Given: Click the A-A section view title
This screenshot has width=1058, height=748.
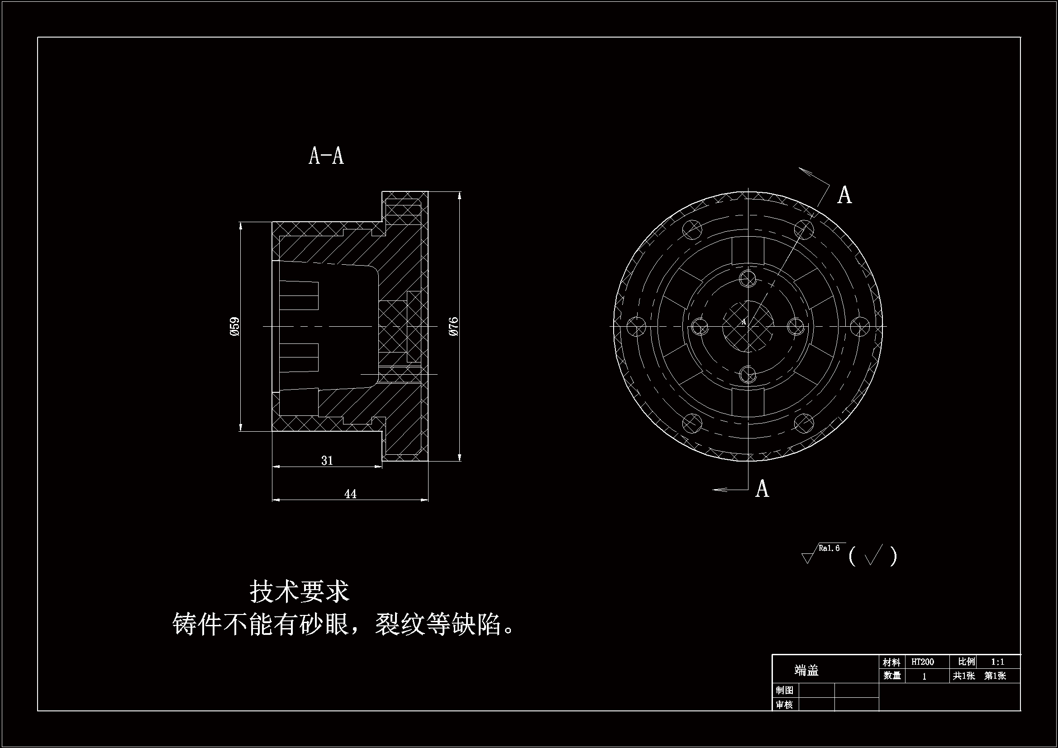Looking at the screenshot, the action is [326, 156].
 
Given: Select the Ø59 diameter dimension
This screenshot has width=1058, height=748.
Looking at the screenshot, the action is [234, 326].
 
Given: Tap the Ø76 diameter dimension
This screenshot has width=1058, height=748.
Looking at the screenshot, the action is [453, 326].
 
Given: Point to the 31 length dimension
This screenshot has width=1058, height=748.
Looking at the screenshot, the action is [327, 460].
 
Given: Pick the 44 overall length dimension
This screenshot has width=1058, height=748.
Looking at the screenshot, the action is [350, 494].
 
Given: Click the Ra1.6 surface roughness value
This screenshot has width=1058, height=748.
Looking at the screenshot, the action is [829, 548].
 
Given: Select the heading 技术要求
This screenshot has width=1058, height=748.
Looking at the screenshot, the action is [300, 591].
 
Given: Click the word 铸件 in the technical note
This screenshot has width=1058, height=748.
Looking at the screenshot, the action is [198, 625].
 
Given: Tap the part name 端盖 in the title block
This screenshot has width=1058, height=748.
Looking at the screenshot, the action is [806, 671].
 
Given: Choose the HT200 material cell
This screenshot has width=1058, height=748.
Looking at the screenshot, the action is [923, 662].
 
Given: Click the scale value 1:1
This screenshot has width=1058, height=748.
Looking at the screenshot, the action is [998, 662].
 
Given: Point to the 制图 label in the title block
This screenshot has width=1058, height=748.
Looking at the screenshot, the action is [784, 691].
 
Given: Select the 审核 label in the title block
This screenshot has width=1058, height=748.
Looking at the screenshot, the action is [784, 705].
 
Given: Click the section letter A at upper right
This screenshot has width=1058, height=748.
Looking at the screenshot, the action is [844, 195].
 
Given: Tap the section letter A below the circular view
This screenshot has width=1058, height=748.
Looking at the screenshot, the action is [762, 489].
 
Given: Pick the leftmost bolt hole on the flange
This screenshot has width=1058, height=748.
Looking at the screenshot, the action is [636, 326].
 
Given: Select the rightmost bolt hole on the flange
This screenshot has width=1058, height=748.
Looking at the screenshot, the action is [860, 326].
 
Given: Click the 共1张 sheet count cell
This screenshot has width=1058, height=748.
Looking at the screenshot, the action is [964, 676].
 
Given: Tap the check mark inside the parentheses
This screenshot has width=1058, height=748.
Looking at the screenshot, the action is [874, 555].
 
